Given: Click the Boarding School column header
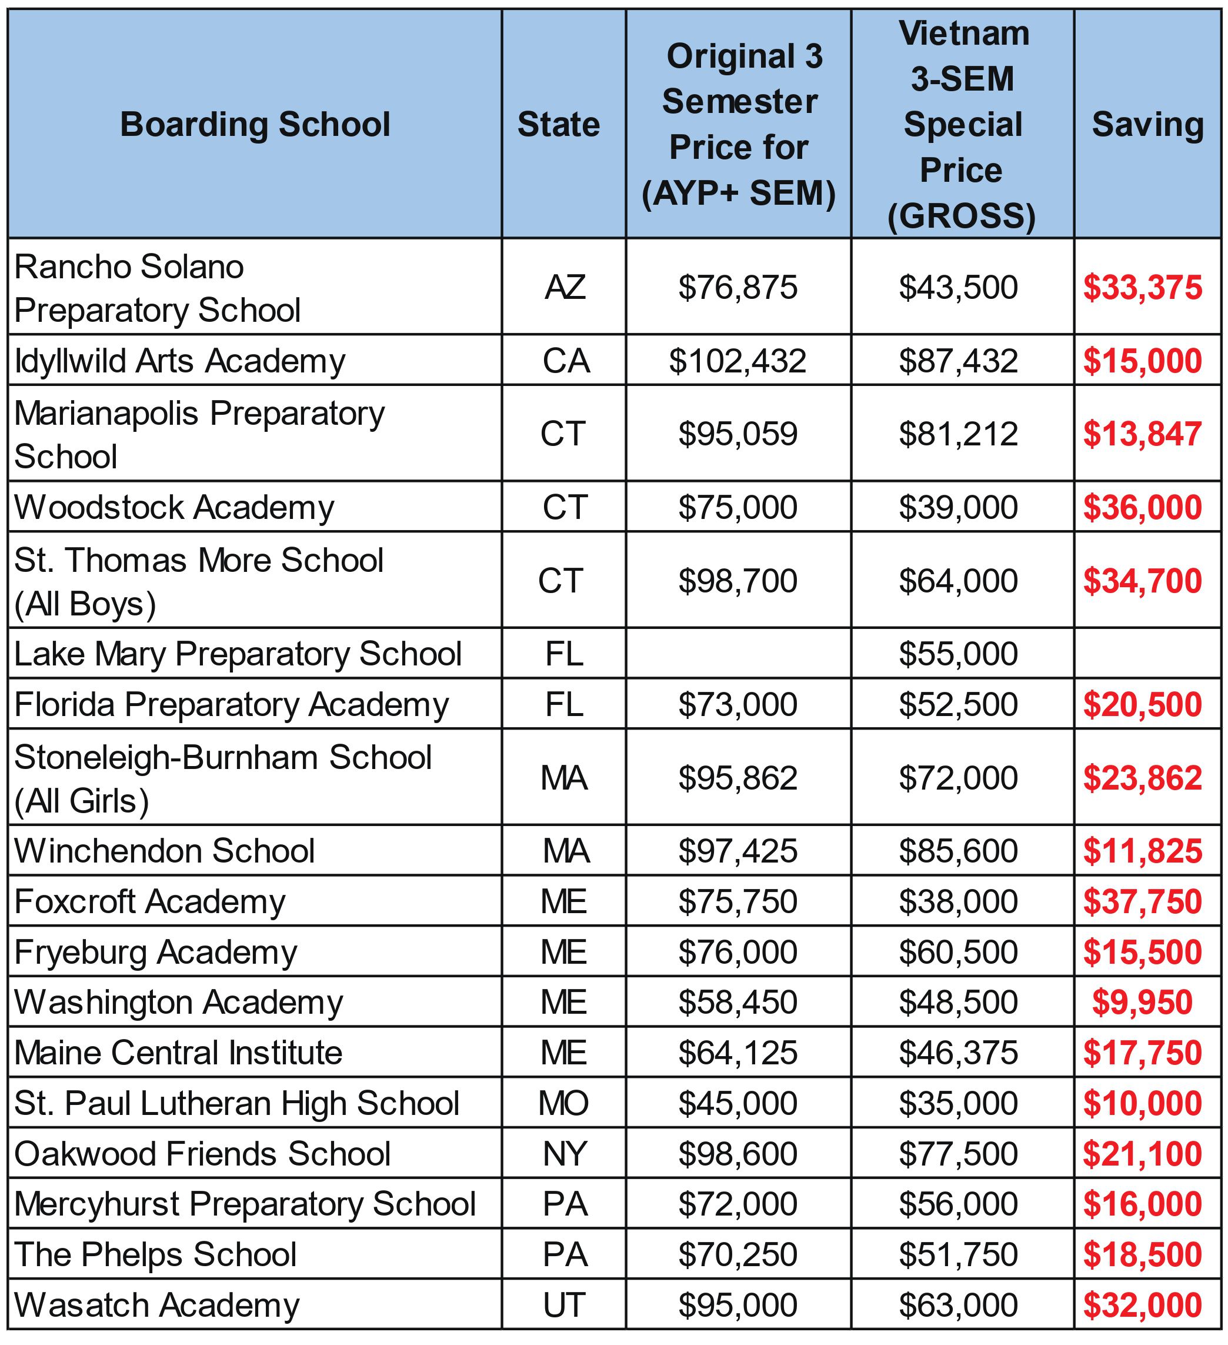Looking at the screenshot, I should [255, 125].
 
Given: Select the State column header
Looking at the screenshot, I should [558, 125].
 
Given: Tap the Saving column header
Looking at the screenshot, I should [1147, 125].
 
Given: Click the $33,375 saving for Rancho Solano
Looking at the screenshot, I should [1142, 288].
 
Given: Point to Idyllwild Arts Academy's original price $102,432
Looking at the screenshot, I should [738, 361].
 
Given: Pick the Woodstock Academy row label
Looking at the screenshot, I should [174, 508].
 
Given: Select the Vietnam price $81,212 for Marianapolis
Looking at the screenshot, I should [958, 434].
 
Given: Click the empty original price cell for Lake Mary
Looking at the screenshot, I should [738, 654].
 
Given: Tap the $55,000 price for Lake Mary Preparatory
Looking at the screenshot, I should [958, 654].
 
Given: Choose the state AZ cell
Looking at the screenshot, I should [565, 288].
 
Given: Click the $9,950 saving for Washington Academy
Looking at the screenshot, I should [1142, 1003].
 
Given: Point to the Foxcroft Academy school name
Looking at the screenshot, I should [150, 902].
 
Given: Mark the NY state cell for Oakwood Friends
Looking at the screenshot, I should [565, 1154].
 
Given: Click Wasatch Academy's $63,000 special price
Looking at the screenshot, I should [958, 1306].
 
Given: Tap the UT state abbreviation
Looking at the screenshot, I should [565, 1306].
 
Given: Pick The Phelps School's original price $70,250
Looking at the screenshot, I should [738, 1255].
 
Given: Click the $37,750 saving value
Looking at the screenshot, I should [1142, 902].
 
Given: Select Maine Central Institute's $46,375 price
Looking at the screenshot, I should [958, 1053].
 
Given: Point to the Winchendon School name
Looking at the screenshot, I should [164, 851].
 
